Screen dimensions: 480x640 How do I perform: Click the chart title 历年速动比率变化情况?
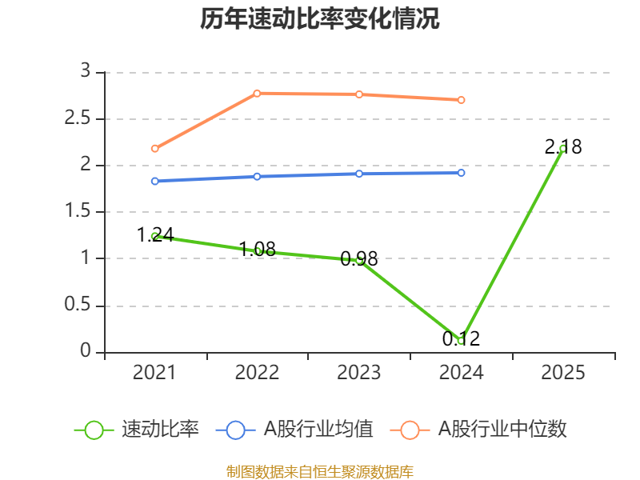[x=320, y=19]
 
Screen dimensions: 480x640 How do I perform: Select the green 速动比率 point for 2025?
[x=563, y=148]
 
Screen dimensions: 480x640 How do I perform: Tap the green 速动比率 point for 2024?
[x=462, y=341]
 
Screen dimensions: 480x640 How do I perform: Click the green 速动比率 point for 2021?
[x=154, y=236]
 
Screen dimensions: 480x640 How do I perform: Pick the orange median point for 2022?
[x=257, y=93]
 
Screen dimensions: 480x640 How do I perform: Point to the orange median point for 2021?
[x=154, y=148]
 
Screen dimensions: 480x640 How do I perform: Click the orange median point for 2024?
[x=462, y=100]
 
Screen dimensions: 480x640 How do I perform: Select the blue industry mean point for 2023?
[x=359, y=174]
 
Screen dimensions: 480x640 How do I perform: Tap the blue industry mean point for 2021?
[x=154, y=181]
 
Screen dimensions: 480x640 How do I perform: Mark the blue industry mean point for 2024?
[x=462, y=173]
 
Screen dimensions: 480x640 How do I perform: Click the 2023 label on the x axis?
[x=359, y=373]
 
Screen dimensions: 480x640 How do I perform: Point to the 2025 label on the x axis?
[x=563, y=373]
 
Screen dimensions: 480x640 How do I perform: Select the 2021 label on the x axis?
[x=154, y=373]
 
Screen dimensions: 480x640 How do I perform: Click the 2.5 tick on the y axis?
[x=79, y=119]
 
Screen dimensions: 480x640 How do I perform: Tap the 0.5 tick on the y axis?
[x=79, y=306]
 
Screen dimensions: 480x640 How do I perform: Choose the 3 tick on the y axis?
[x=86, y=72]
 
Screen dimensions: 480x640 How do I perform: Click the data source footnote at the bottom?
[x=320, y=471]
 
